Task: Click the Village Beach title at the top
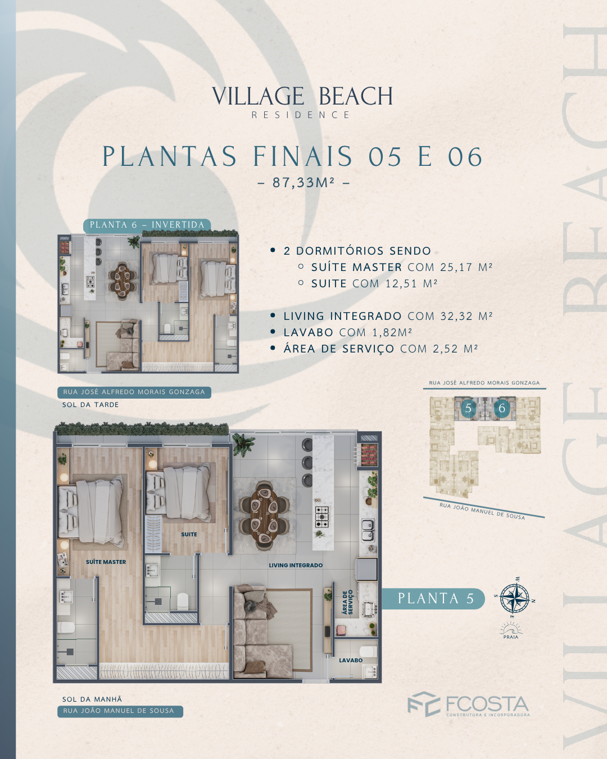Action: (x=302, y=96)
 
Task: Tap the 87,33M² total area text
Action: (x=303, y=183)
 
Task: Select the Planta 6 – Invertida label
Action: (x=147, y=225)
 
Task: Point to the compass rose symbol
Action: (x=515, y=599)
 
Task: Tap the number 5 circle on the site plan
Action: (x=468, y=408)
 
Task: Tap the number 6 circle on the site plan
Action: (x=502, y=408)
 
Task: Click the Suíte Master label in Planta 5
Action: (x=106, y=562)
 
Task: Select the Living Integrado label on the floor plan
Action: (x=296, y=566)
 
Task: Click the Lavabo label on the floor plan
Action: (x=351, y=660)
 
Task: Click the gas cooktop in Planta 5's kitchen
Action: (x=323, y=517)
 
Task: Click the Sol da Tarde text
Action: (x=90, y=405)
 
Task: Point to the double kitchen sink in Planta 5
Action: (x=368, y=530)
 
